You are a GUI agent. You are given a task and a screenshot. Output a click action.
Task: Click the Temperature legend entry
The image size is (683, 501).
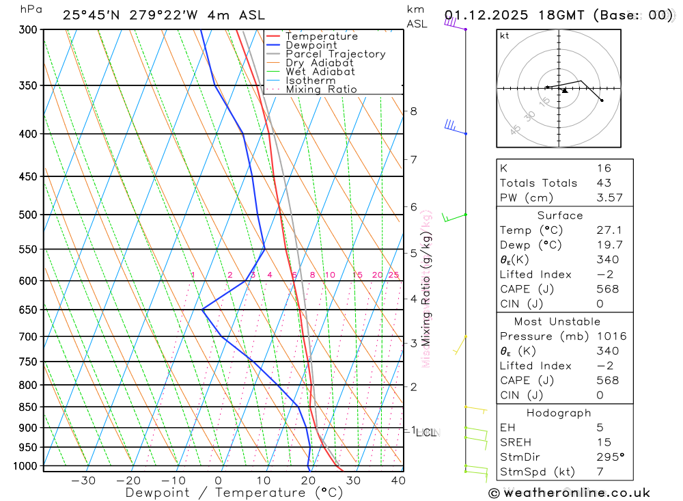point(321,36)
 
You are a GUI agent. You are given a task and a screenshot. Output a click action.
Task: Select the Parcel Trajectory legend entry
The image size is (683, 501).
point(335,54)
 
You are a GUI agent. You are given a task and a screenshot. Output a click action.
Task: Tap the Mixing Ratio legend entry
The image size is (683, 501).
point(321,90)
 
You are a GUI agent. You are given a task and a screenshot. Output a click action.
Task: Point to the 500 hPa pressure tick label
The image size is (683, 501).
point(28,215)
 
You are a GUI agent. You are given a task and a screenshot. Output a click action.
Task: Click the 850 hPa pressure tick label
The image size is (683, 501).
point(28,407)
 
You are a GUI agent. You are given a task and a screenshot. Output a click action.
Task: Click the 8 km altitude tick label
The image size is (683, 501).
point(413,111)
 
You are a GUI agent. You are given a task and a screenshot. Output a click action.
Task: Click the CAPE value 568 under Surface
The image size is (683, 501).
point(607,289)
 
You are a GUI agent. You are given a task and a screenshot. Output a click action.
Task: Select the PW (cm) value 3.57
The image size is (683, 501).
point(607,198)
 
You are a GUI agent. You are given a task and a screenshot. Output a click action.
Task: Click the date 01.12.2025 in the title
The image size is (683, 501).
point(481,15)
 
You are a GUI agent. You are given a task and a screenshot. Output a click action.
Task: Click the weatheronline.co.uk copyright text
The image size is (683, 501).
point(569,493)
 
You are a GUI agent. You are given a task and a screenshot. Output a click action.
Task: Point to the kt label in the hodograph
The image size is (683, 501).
point(505,36)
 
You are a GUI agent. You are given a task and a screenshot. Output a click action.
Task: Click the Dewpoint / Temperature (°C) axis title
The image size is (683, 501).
point(234,493)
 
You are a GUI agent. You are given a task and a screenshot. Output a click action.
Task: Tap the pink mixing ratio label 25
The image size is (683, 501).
point(393,275)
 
